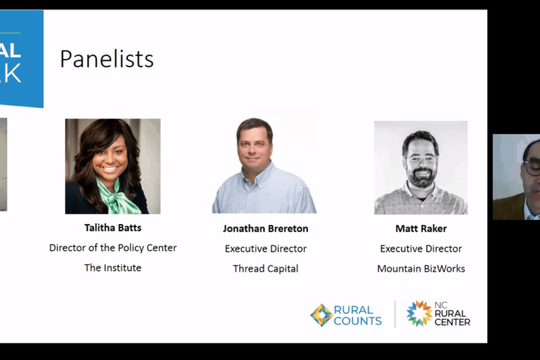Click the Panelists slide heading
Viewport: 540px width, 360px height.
tap(107, 59)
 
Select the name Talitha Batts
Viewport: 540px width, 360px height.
tap(113, 228)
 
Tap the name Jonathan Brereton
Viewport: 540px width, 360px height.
tap(265, 228)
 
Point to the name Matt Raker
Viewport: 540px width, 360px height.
tap(421, 228)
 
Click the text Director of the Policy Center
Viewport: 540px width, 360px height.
tap(113, 248)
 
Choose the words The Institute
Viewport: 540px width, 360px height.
tap(113, 267)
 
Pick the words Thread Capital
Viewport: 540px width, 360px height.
tap(265, 269)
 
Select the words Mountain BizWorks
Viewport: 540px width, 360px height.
tap(421, 269)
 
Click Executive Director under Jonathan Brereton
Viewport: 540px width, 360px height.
tap(265, 249)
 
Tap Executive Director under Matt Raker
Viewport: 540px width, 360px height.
tap(421, 249)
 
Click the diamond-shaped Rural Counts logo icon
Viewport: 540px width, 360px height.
tap(321, 315)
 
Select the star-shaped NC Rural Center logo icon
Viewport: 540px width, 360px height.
tap(419, 314)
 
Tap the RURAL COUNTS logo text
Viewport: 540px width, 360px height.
tap(358, 315)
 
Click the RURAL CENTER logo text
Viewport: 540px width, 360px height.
tap(453, 317)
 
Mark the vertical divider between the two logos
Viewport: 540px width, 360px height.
tap(395, 314)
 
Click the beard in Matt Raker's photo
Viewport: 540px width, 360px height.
tap(421, 177)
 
